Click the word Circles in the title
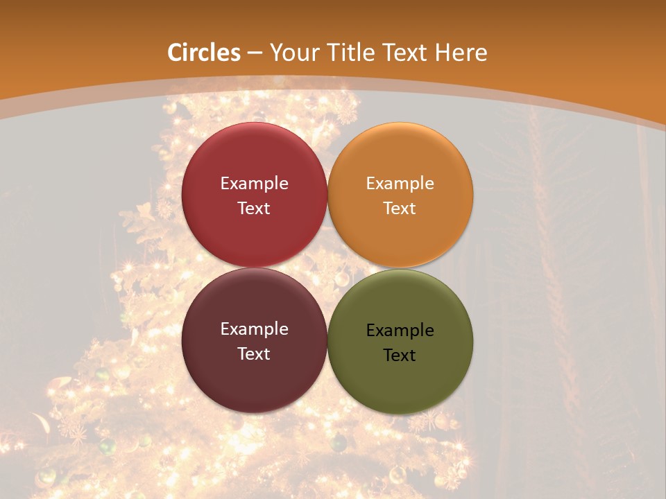(x=204, y=53)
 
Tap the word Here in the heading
(x=461, y=53)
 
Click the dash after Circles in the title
(x=255, y=53)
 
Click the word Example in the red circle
(x=254, y=184)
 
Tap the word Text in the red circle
(x=254, y=208)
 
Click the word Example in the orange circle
(x=400, y=184)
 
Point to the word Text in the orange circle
(x=400, y=208)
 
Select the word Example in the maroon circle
(x=254, y=329)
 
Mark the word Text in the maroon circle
(x=254, y=353)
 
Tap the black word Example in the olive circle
(x=400, y=331)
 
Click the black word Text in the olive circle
(x=400, y=355)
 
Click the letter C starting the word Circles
(x=175, y=53)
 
